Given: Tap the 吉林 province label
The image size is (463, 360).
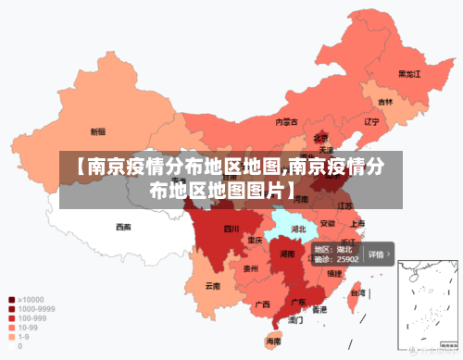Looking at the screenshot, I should pyautogui.click(x=384, y=102).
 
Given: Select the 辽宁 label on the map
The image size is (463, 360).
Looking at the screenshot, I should pyautogui.click(x=371, y=121).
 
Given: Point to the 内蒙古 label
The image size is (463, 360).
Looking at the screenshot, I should pyautogui.click(x=286, y=121).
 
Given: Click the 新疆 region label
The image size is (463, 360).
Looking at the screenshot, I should pyautogui.click(x=97, y=131).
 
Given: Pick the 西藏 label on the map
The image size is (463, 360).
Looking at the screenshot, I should pyautogui.click(x=123, y=226).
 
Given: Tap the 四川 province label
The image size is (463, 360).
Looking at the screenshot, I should pyautogui.click(x=231, y=228).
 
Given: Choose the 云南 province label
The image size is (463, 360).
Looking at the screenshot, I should pyautogui.click(x=213, y=285).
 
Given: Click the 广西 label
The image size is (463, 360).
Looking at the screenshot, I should pyautogui.click(x=262, y=303).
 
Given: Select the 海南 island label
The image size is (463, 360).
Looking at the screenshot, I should pyautogui.click(x=273, y=341).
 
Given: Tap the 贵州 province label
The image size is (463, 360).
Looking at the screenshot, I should pyautogui.click(x=250, y=268).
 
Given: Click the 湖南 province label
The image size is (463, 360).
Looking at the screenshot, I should pyautogui.click(x=287, y=253).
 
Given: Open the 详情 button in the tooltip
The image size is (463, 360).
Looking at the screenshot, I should pyautogui.click(x=378, y=254).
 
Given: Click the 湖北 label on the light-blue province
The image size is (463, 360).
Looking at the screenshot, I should pyautogui.click(x=298, y=228).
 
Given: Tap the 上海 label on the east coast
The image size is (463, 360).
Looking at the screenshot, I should pyautogui.click(x=357, y=223).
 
